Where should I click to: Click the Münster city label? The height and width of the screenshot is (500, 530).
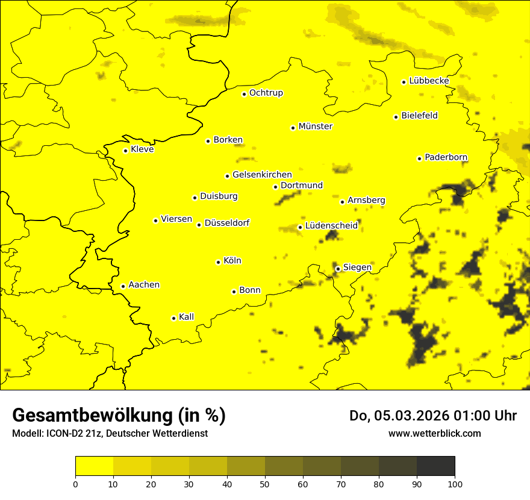pos(316,127)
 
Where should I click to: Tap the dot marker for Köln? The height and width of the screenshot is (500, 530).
pos(218,262)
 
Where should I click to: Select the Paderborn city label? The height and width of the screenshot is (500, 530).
pos(446,157)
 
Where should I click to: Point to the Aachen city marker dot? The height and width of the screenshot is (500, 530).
pos(123,286)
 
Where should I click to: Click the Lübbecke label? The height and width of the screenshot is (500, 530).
pos(429,81)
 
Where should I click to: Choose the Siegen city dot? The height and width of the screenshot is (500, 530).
pos(338,269)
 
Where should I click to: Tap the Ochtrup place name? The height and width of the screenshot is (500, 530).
pos(266,93)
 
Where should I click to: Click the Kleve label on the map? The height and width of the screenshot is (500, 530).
pos(143,149)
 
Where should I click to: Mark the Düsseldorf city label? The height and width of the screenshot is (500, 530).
pos(227,223)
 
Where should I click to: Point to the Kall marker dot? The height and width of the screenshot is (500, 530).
pos(173,318)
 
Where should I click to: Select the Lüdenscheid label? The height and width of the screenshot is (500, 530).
pos(332,226)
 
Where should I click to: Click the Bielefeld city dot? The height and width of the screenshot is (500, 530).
pos(396,117)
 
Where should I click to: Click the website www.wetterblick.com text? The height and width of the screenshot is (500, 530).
pos(435,433)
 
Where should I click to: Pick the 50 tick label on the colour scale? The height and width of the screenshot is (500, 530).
pos(265,483)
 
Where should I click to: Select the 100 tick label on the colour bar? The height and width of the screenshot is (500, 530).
pos(455,483)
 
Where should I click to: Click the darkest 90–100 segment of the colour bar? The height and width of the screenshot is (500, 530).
pos(435,466)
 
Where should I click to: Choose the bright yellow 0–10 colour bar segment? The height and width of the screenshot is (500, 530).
pos(95,466)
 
